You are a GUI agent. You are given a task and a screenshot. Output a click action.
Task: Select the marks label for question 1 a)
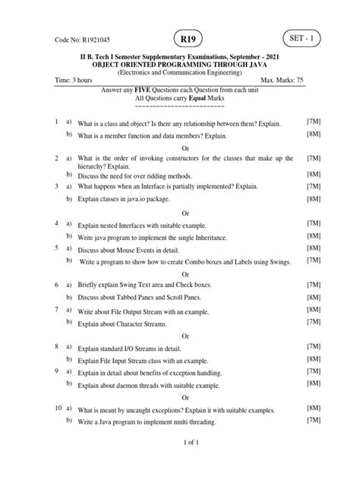[313, 122]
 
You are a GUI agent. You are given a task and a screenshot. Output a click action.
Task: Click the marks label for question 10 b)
[313, 422]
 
